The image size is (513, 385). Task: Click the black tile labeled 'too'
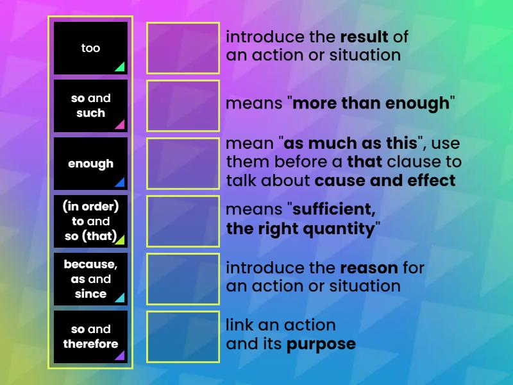click(90, 48)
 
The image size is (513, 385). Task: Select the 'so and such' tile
click(90, 106)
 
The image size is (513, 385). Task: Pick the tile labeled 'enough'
click(90, 164)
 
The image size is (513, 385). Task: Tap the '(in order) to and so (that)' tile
click(90, 221)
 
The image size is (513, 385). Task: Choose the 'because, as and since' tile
click(90, 279)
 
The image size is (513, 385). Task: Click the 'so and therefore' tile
click(90, 337)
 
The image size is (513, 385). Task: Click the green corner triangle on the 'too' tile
click(121, 67)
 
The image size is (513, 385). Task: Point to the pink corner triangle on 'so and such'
click(121, 124)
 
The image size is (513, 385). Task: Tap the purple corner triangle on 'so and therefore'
click(121, 355)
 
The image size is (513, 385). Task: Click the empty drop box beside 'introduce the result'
click(183, 48)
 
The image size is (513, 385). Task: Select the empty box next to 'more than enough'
click(183, 106)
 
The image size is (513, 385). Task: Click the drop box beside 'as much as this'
click(183, 164)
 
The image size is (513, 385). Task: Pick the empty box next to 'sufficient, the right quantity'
click(183, 221)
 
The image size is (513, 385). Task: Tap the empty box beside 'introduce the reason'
click(183, 279)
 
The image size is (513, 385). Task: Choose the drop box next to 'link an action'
click(183, 337)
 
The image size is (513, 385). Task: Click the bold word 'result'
click(364, 37)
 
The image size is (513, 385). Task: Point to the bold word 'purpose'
click(321, 345)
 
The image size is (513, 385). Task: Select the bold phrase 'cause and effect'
click(385, 181)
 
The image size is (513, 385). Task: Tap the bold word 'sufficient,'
click(333, 209)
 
